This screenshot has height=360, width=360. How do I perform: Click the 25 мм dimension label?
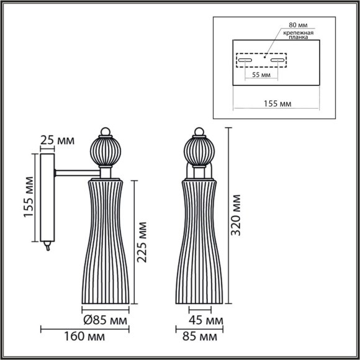click(x=55, y=141)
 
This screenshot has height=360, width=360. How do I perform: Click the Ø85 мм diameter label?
click(x=105, y=321)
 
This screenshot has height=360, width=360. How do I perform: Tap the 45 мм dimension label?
click(x=205, y=321)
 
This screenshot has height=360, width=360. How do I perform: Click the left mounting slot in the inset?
click(x=245, y=60)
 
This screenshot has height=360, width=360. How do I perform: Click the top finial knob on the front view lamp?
click(x=199, y=131)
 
